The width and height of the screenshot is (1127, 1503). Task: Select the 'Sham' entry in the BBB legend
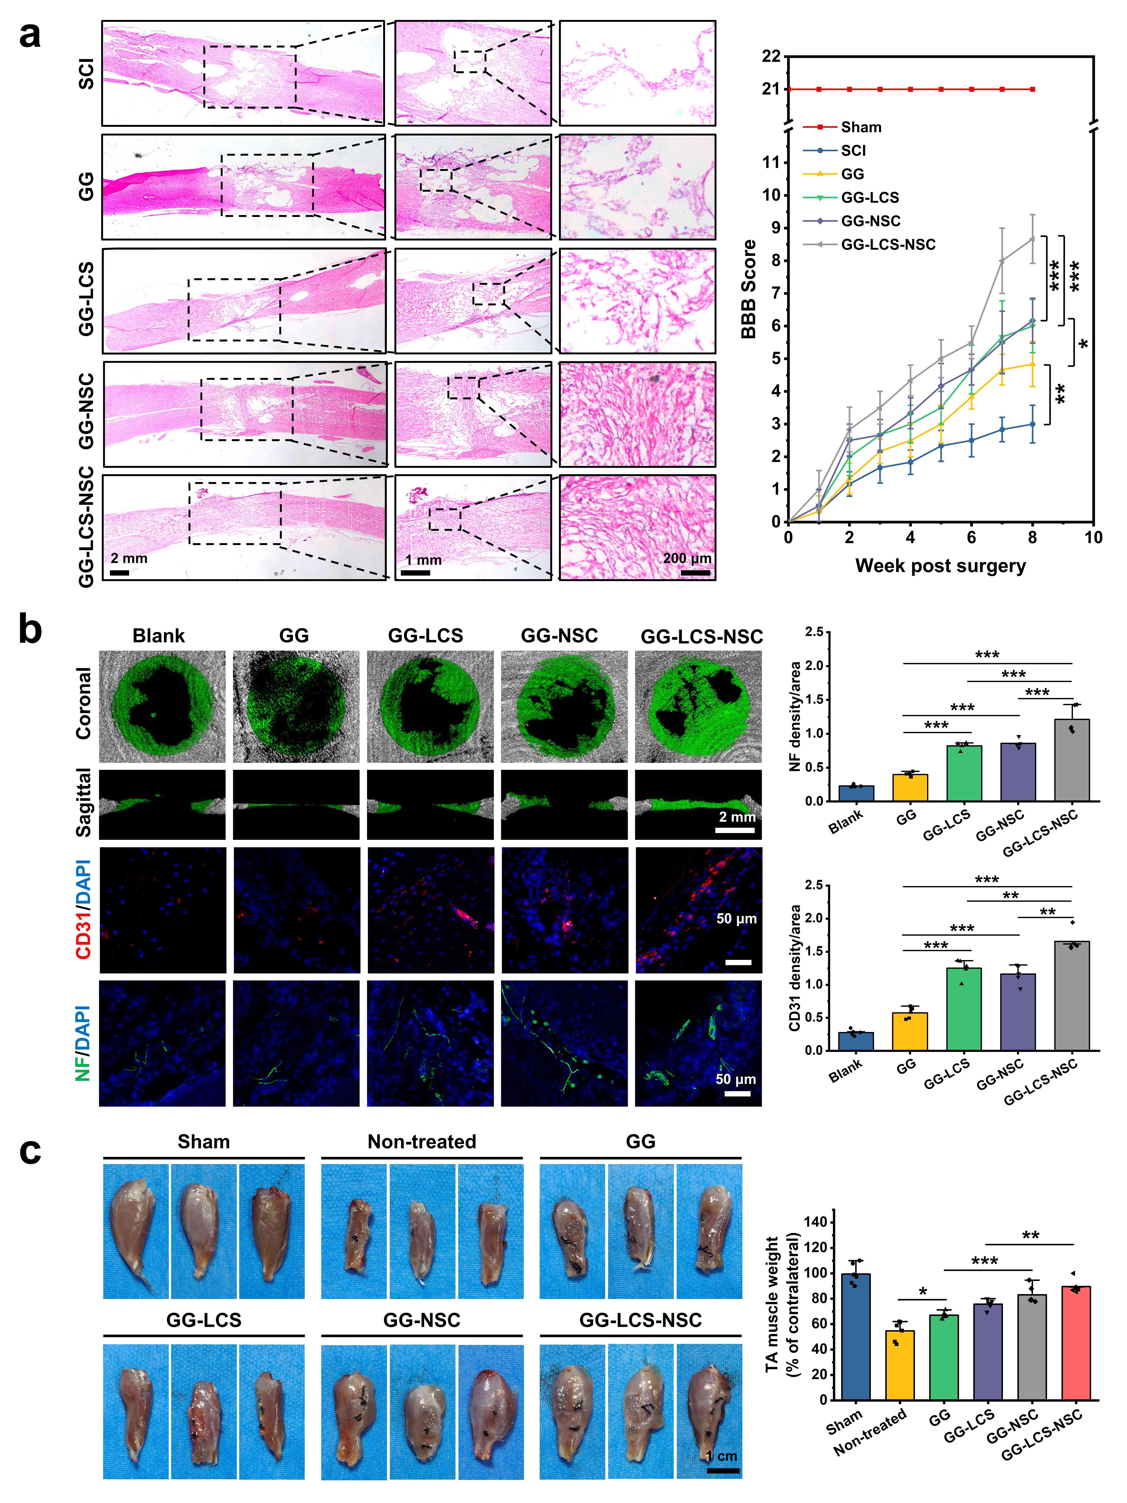coord(861,127)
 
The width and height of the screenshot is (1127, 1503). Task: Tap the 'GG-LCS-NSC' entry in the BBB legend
coord(888,245)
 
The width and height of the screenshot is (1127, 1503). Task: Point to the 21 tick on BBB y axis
coord(771,89)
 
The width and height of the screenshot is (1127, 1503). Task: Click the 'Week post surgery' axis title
coord(940,565)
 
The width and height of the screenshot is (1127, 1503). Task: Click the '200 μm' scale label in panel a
coord(687,558)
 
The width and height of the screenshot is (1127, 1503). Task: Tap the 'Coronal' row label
coord(84,703)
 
